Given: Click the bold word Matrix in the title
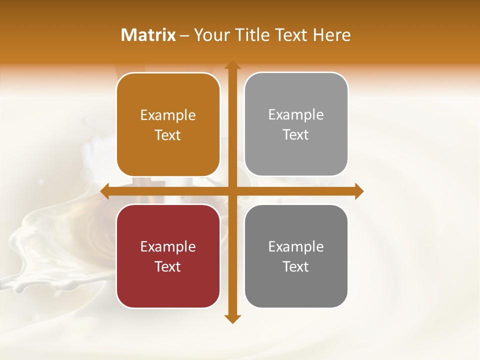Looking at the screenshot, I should click(148, 35).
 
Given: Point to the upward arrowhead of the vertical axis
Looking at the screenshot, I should click(232, 65).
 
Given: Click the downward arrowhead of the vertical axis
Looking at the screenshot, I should click(232, 318).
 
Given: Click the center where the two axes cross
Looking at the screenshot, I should click(232, 191).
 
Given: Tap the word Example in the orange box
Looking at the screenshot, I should click(168, 115).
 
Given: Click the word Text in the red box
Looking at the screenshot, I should click(168, 266).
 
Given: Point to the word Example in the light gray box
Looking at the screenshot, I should click(296, 115).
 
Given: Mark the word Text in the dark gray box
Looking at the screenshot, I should click(296, 266).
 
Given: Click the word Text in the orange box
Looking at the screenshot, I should click(168, 135).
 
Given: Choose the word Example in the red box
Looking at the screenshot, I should click(168, 246).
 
